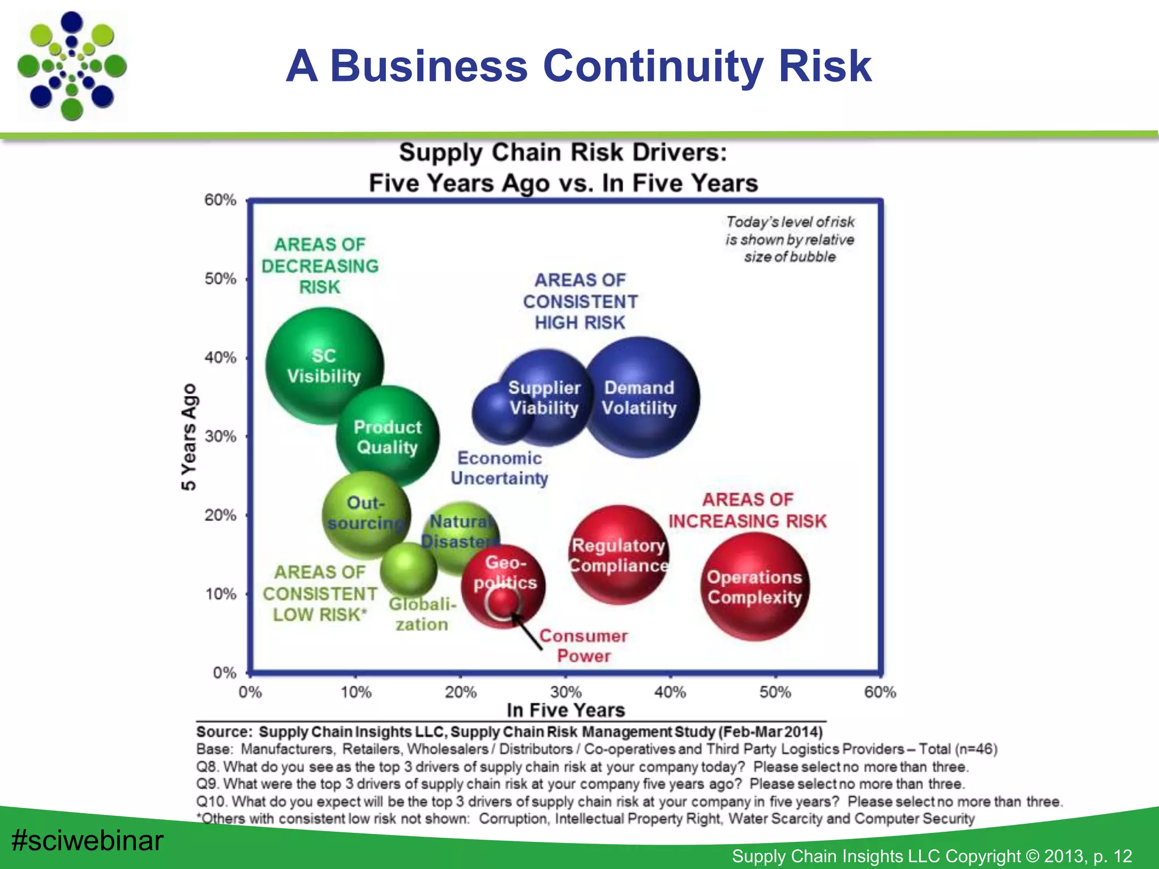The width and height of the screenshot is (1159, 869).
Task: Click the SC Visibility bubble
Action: point(324,366)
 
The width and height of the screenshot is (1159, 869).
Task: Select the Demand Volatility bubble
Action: point(639,398)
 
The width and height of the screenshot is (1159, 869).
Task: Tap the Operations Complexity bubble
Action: point(754,587)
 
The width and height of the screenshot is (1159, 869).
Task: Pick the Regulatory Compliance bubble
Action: point(618,555)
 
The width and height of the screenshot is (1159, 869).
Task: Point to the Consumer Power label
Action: point(583,646)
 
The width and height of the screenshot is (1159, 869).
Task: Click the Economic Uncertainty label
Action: point(499,468)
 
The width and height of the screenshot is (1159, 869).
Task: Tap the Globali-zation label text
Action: point(422,614)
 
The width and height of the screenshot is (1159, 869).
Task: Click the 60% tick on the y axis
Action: point(221,200)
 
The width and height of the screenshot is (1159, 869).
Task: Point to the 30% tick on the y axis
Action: point(221,436)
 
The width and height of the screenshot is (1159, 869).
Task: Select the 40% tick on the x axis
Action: point(671,692)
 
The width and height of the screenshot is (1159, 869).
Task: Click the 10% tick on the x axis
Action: point(356,692)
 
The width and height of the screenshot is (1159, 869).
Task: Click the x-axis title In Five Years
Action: point(565,710)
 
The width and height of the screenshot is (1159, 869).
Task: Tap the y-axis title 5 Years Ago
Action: point(188,437)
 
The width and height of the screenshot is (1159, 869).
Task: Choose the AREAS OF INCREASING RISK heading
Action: point(747,510)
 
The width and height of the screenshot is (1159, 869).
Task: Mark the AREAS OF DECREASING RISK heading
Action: point(320,266)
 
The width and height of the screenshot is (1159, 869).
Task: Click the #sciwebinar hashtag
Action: point(88,840)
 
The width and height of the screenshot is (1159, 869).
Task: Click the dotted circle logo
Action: point(72,66)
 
